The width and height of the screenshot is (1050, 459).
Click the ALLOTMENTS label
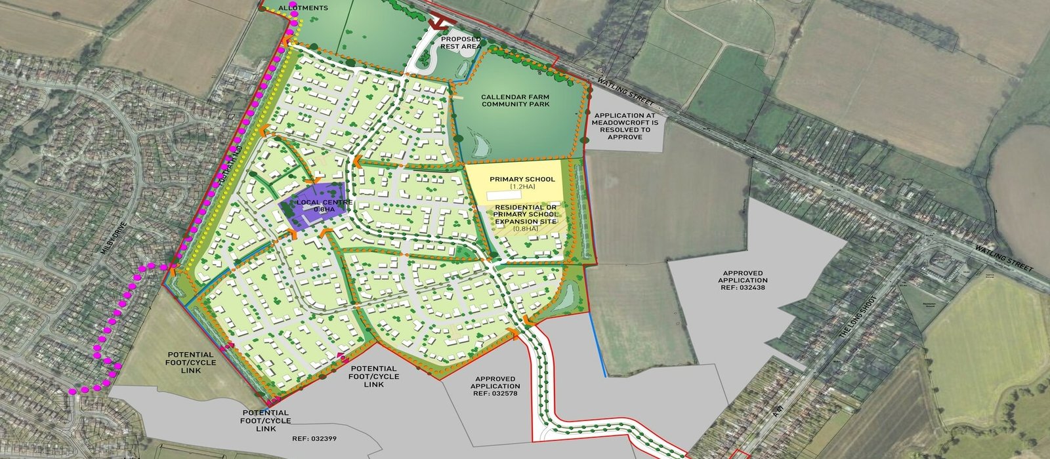coord(303,8)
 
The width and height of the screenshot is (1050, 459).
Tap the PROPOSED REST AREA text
coord(461,43)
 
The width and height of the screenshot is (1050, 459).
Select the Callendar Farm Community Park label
coord(515,100)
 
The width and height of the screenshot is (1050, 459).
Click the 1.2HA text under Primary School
coord(522,188)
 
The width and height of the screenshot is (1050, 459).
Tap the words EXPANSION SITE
coord(526,222)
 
